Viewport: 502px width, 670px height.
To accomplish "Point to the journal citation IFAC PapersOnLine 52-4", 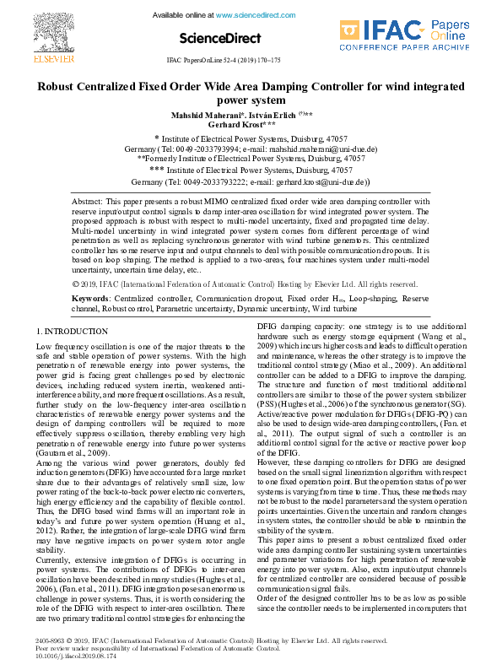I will (x=224, y=62).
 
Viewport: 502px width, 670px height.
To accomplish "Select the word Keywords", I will (x=90, y=299).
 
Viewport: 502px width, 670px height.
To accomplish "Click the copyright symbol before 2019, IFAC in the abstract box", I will (x=78, y=284).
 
